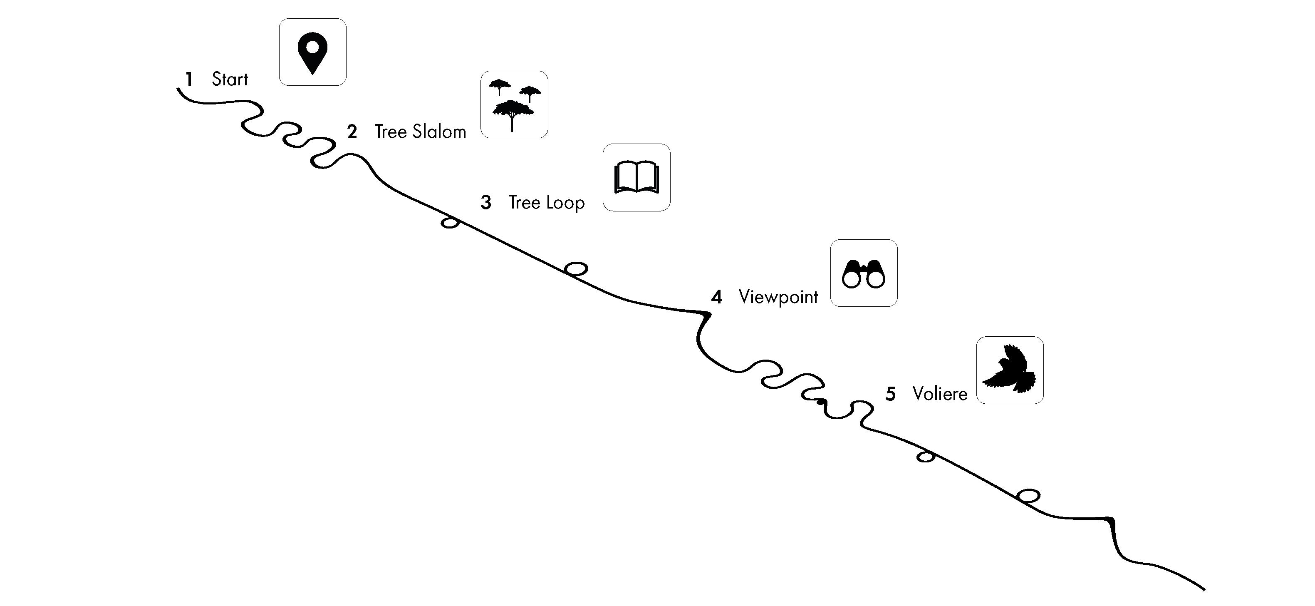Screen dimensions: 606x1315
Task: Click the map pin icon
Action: pyautogui.click(x=312, y=52)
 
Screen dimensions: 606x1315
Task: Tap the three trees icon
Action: pyautogui.click(x=514, y=104)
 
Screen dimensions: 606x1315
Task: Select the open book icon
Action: pyautogui.click(x=636, y=178)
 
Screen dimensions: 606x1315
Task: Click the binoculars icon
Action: pyautogui.click(x=864, y=273)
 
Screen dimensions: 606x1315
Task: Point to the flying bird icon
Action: pyautogui.click(x=1010, y=370)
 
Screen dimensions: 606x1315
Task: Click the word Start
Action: pyautogui.click(x=230, y=79)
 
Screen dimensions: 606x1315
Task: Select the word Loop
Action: pyautogui.click(x=564, y=203)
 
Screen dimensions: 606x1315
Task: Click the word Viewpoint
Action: pyautogui.click(x=778, y=297)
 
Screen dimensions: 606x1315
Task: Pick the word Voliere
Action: pyautogui.click(x=940, y=394)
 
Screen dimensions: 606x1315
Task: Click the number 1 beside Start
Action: pyautogui.click(x=189, y=79)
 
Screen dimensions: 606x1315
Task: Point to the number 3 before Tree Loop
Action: pyautogui.click(x=486, y=203)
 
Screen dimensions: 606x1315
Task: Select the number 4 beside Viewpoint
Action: pyautogui.click(x=717, y=297)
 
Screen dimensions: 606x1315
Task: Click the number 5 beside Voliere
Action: pyautogui.click(x=890, y=394)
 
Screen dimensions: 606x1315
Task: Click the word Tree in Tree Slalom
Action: pyautogui.click(x=390, y=132)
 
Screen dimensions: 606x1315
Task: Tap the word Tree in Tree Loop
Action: pyautogui.click(x=524, y=203)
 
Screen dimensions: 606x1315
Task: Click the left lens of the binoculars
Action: pyautogui.click(x=851, y=279)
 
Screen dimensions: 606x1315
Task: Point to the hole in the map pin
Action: pyautogui.click(x=312, y=47)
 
